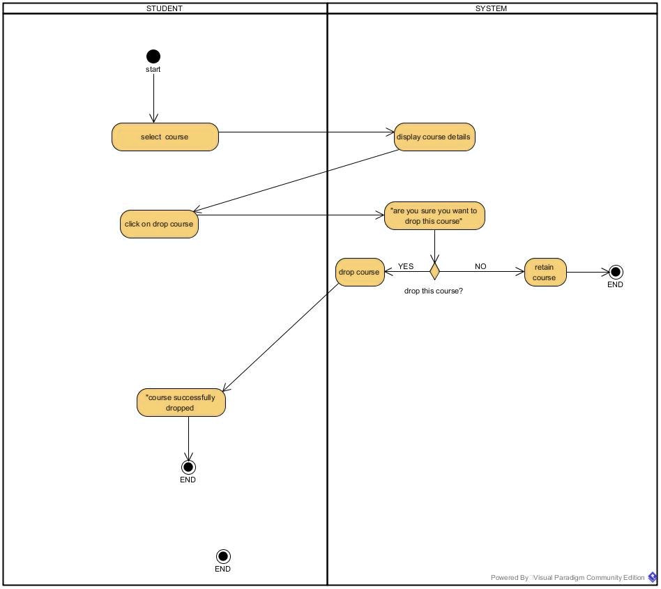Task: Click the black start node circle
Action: [153, 56]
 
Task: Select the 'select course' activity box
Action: [165, 137]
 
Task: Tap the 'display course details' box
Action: [434, 137]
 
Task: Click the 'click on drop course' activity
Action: [159, 224]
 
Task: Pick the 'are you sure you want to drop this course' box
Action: [434, 215]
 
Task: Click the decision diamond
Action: [434, 271]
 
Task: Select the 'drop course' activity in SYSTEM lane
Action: [360, 272]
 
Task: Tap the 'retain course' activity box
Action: [545, 272]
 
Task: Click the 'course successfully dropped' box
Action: [181, 403]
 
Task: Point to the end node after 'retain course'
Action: [616, 272]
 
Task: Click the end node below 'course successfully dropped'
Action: [188, 467]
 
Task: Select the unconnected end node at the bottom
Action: [223, 556]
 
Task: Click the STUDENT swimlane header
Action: [165, 8]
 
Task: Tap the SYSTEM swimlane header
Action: [492, 8]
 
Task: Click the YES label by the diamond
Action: [406, 266]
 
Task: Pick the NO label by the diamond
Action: [480, 266]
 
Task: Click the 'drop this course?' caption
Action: [434, 291]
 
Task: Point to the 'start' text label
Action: [153, 69]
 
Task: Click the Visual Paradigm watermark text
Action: [568, 577]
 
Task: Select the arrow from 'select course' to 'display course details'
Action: [307, 132]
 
